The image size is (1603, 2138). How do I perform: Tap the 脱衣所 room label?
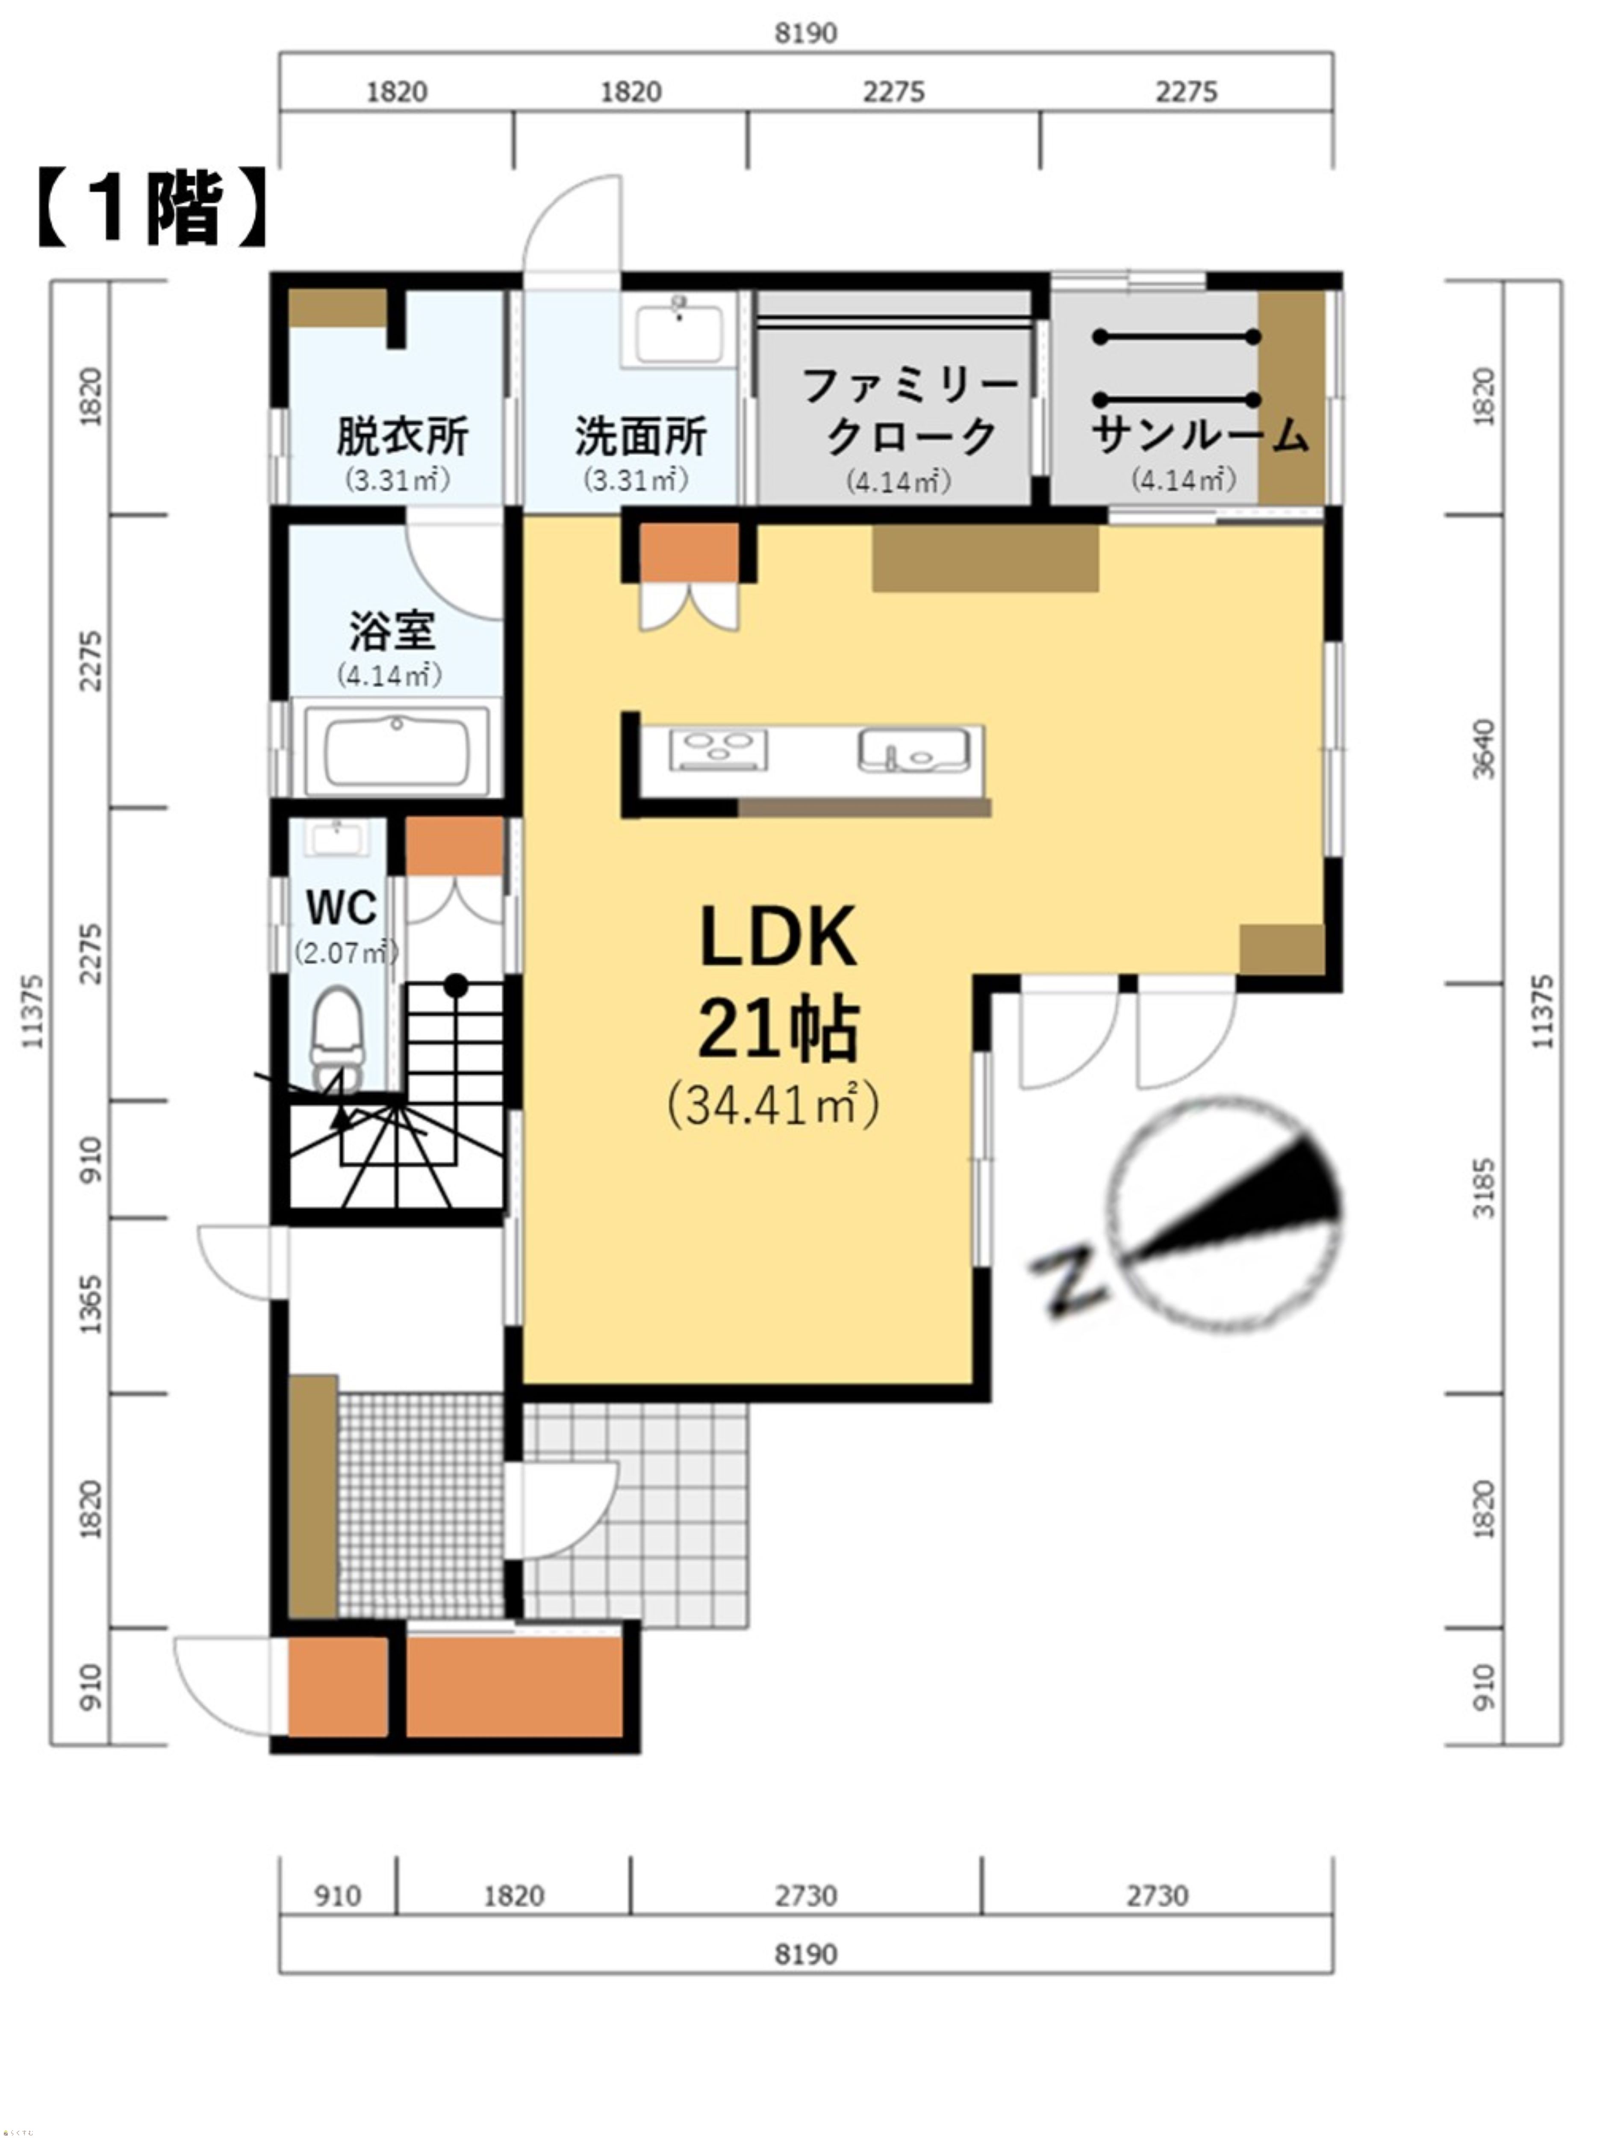click(x=402, y=436)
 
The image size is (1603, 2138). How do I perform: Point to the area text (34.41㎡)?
click(x=773, y=1105)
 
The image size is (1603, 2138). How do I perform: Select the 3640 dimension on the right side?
click(x=1483, y=749)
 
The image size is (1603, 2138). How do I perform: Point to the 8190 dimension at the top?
click(x=806, y=33)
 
